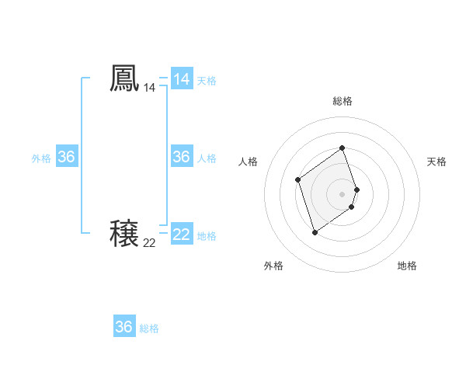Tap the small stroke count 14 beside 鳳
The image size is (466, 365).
coord(149,89)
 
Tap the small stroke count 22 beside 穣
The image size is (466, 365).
coord(149,243)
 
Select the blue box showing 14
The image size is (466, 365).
coord(182,79)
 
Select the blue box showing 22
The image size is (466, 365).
coord(182,234)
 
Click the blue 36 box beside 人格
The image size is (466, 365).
coord(182,157)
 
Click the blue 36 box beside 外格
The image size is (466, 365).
coord(66,157)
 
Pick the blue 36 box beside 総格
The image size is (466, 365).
coord(124,327)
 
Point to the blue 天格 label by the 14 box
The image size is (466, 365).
coord(207,81)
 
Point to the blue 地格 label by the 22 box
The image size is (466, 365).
coord(207,236)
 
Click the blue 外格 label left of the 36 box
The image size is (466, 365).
coord(41,158)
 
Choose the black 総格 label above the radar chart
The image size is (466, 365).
coord(343,101)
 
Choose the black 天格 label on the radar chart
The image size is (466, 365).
coord(436,162)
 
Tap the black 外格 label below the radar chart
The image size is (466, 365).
coord(273,266)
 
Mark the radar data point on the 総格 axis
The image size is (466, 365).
coord(343,148)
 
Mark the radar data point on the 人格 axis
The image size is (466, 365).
coord(298,180)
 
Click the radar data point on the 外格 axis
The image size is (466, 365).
coord(315,232)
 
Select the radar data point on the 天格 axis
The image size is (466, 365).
coord(356,189)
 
